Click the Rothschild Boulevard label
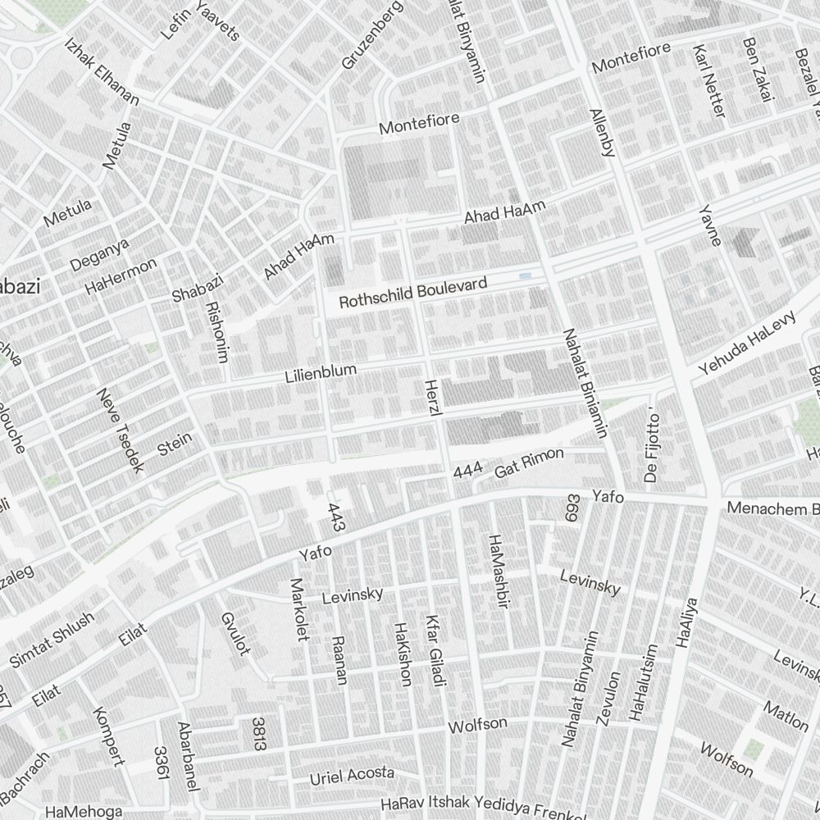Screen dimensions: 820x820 pos(412,293)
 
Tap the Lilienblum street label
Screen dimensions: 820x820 pos(321,374)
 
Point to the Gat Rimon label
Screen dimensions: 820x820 pos(529,463)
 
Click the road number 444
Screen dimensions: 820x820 pos(467,471)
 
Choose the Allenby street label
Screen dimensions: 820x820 pos(602,130)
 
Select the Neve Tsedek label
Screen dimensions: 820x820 pos(120,430)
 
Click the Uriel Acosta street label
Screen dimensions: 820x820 pos(352,775)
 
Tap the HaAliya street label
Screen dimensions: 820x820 pos(686,623)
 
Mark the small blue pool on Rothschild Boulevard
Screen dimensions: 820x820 pos(526,276)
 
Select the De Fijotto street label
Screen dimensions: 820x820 pos(652,449)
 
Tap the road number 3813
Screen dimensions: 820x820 pos(258,733)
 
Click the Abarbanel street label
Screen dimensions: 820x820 pos(188,756)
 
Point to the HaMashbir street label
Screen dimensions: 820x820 pos(499,572)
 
